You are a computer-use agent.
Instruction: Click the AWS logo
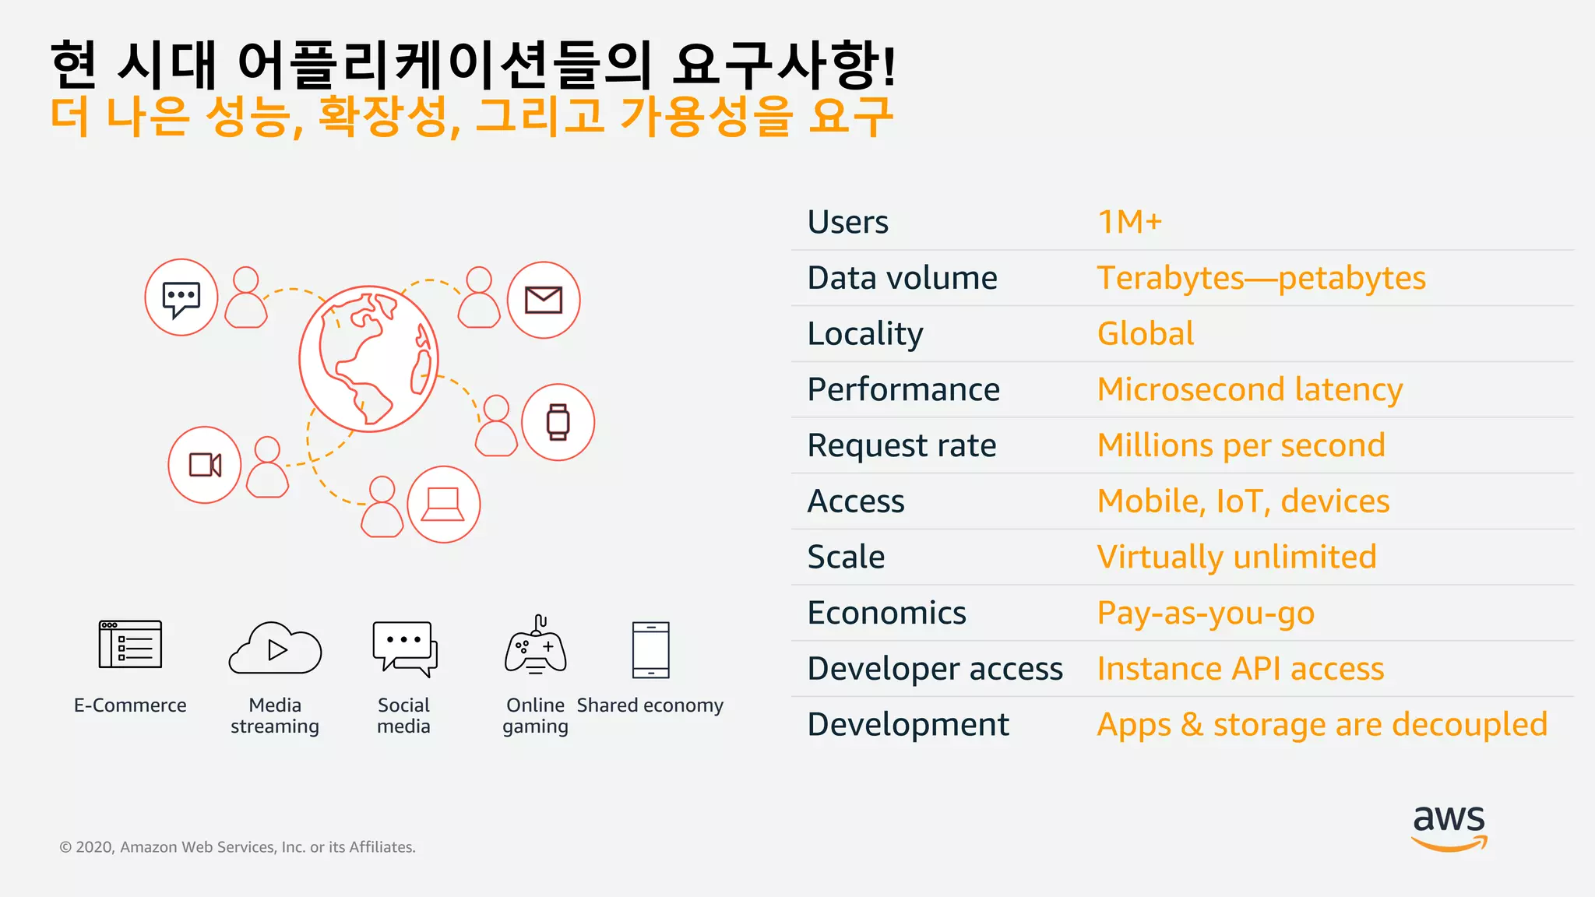(x=1449, y=827)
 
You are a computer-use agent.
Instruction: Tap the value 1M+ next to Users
(x=1129, y=222)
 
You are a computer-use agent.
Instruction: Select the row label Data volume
(x=902, y=278)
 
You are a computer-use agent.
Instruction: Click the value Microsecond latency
(x=1249, y=389)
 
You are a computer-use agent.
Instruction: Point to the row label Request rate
(x=901, y=445)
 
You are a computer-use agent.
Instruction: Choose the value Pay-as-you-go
(x=1205, y=613)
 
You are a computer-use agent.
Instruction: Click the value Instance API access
(x=1240, y=669)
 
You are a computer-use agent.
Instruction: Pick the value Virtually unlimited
(x=1236, y=557)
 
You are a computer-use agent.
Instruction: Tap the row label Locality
(x=864, y=334)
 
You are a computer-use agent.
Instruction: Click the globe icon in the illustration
(x=369, y=359)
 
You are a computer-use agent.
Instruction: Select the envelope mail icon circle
(x=544, y=300)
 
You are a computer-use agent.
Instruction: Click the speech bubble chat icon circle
(x=181, y=297)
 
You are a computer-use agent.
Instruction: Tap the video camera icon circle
(x=205, y=465)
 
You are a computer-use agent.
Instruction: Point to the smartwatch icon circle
(x=558, y=422)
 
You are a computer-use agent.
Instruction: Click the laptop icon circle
(x=443, y=505)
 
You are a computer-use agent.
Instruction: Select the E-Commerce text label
(x=130, y=705)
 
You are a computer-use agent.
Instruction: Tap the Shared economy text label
(x=650, y=705)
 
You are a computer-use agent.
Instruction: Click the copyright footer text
(x=238, y=847)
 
